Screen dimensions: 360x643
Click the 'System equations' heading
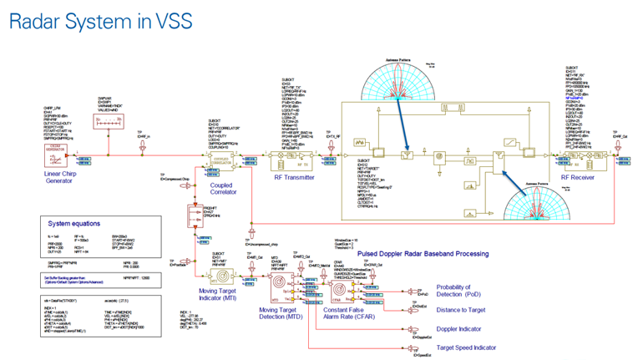74,223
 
